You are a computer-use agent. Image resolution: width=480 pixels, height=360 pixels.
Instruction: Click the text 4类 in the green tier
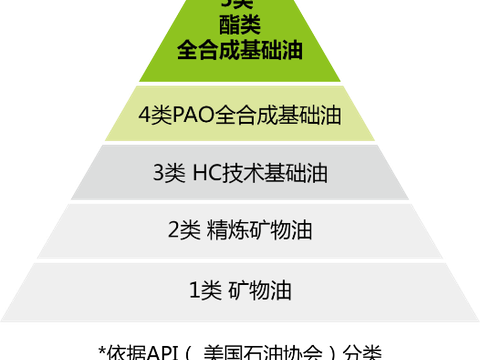pos(156,115)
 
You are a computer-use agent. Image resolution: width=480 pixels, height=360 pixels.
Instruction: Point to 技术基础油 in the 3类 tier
pos(279,172)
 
